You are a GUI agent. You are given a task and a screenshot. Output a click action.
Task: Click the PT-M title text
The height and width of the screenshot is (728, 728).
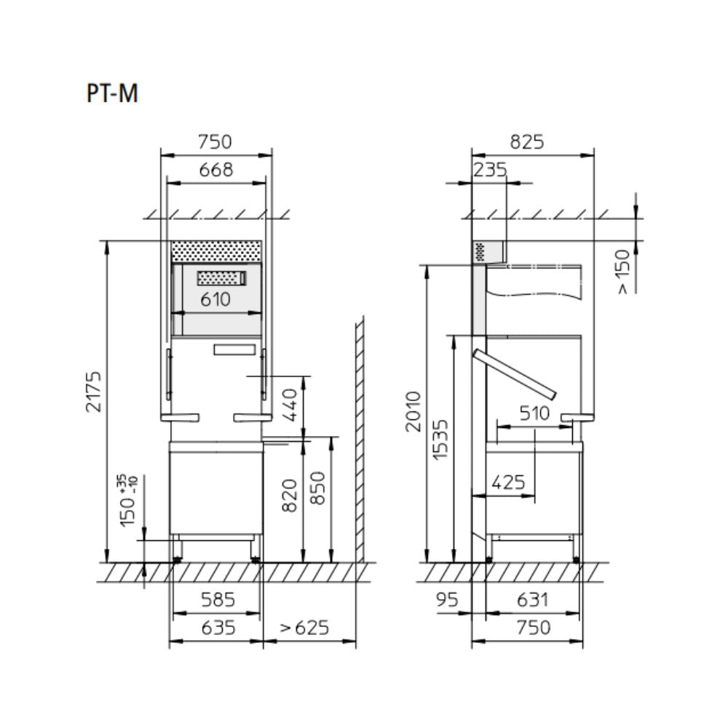(x=112, y=93)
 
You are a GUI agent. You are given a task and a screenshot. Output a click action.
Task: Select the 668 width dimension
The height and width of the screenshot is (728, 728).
(x=216, y=170)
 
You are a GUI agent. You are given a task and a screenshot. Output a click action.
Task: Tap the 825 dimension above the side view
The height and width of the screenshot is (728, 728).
(x=527, y=142)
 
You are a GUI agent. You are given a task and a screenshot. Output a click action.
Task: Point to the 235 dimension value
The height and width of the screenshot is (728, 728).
(x=490, y=170)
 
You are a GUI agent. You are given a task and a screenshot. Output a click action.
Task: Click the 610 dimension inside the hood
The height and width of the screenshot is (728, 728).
(x=215, y=299)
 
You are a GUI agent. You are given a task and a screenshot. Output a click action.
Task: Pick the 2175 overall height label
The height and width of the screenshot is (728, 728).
(x=94, y=392)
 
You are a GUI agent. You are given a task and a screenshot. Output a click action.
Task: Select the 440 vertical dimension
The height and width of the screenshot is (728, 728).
(x=289, y=405)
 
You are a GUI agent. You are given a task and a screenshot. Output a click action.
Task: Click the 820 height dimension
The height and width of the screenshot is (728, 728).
(x=289, y=496)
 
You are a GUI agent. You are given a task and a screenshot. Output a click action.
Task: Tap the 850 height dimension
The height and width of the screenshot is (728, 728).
(x=318, y=488)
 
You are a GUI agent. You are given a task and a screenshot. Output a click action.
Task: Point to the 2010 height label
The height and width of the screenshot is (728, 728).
(x=414, y=412)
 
